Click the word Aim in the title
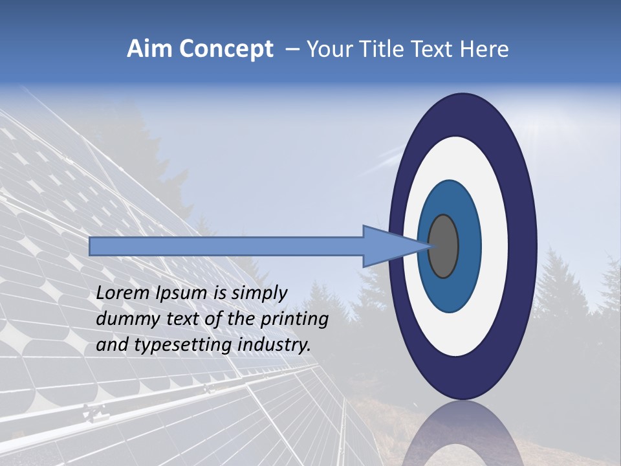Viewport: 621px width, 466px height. [x=149, y=49]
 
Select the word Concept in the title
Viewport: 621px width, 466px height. [x=225, y=49]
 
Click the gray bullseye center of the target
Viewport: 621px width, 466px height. [x=443, y=246]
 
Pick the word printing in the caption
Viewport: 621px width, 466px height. [x=294, y=320]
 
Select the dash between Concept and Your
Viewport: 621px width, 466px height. [x=292, y=50]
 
